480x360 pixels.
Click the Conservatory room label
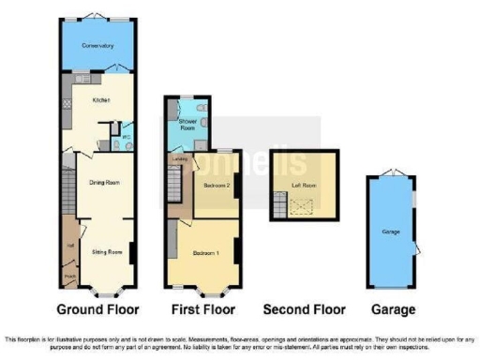[x=97, y=45]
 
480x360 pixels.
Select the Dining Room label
[x=102, y=184]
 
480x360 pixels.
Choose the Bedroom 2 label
[x=215, y=185]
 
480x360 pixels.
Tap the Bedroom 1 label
[x=207, y=253]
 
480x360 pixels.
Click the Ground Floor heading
[x=97, y=309]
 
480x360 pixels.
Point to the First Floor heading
[x=203, y=309]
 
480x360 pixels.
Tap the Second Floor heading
[x=304, y=309]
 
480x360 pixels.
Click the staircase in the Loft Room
[x=280, y=201]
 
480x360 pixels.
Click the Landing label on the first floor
[x=179, y=159]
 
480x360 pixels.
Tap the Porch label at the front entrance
[x=69, y=277]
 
